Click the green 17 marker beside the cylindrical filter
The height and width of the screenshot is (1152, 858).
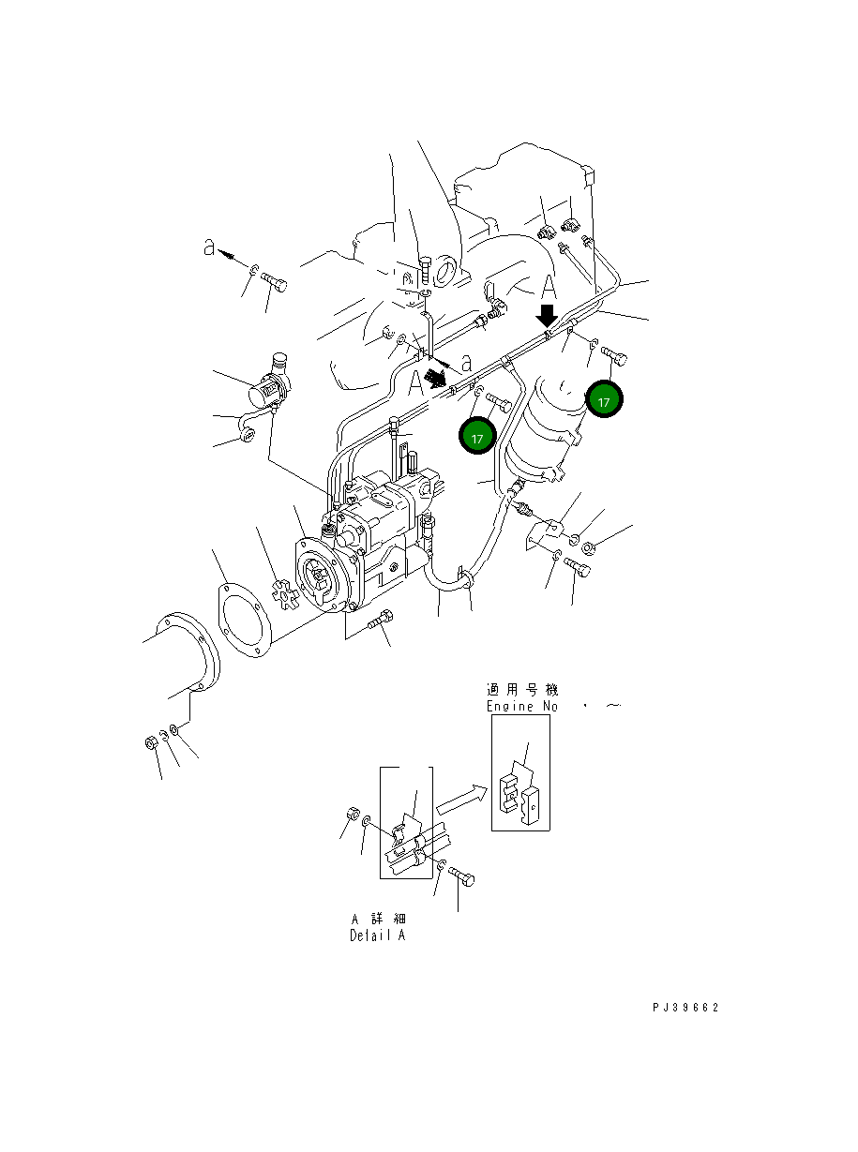605,401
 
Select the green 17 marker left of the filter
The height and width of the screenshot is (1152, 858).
477,437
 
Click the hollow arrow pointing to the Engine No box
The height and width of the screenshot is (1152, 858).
461,800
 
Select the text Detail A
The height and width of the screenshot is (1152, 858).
377,935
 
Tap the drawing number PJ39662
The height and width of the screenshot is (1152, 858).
685,1008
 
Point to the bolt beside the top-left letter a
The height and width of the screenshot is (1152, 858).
274,279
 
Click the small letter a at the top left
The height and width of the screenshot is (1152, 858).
210,247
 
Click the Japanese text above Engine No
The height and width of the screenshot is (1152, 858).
522,690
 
